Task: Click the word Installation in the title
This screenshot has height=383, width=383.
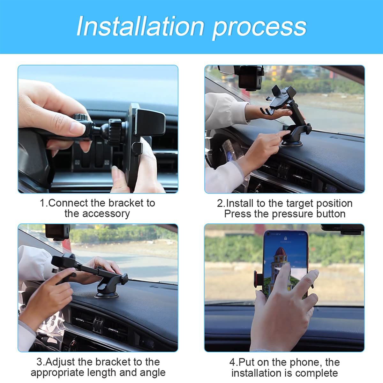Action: (x=140, y=26)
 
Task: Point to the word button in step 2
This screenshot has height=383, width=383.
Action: (x=331, y=214)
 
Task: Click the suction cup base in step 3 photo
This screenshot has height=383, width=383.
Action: (x=107, y=295)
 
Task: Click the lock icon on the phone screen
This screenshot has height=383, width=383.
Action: (x=286, y=238)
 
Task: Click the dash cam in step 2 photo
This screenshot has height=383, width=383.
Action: (x=251, y=78)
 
